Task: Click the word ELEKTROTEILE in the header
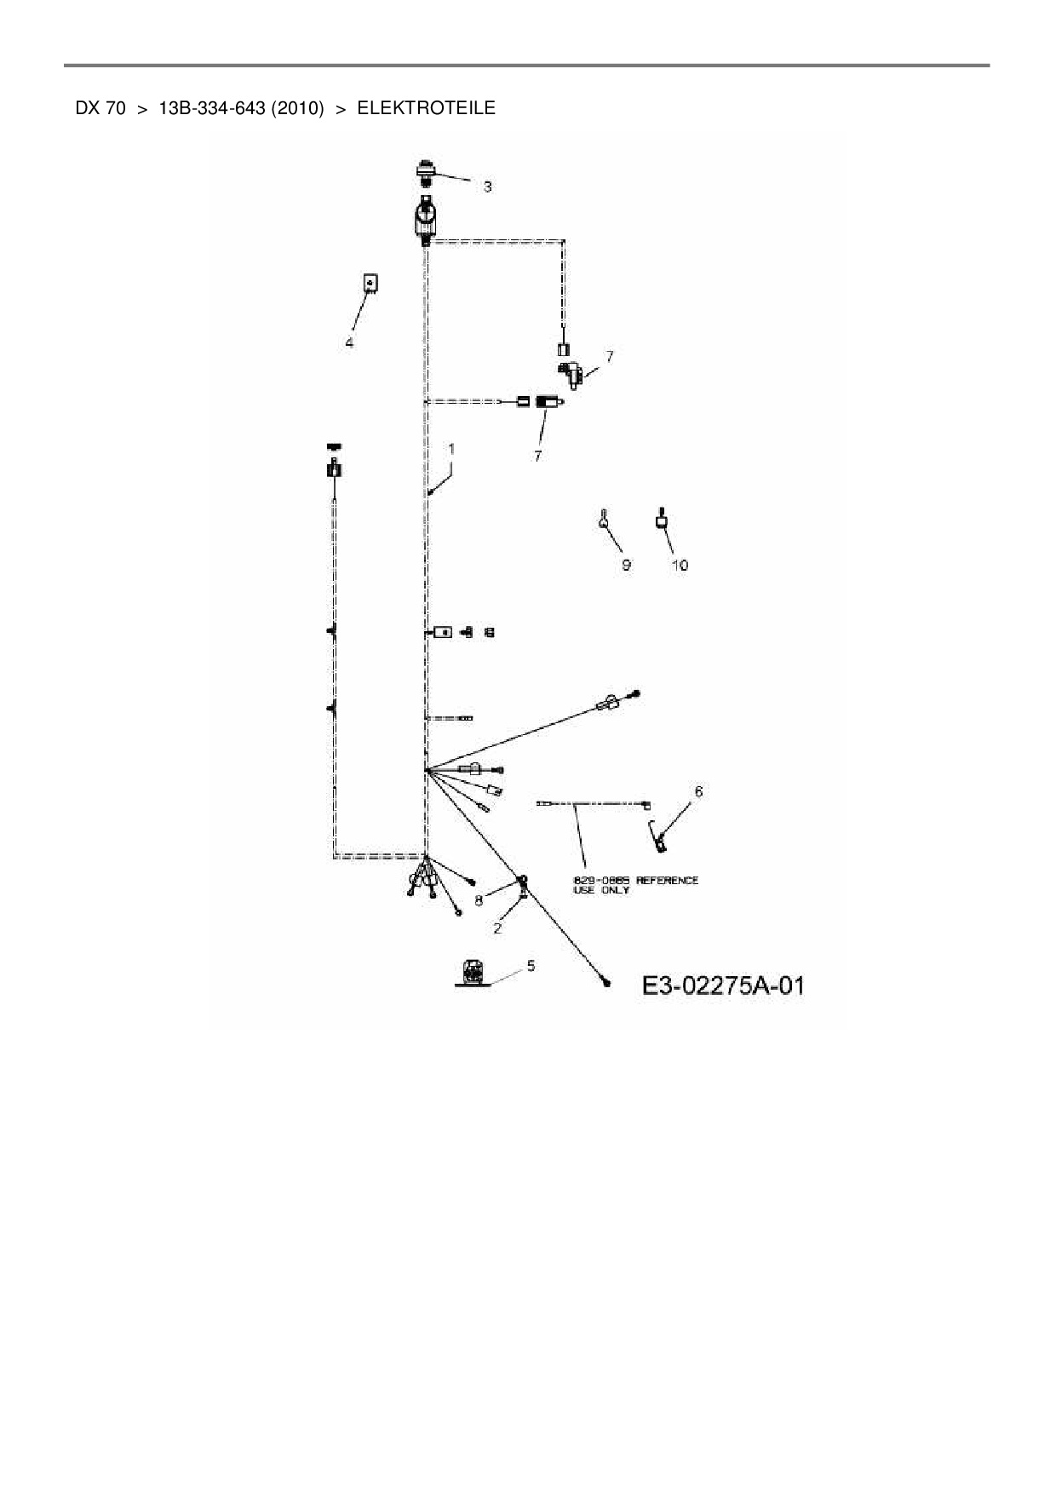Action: [426, 108]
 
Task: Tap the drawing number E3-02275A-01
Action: [722, 986]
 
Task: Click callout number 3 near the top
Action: [487, 187]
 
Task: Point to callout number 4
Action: [349, 342]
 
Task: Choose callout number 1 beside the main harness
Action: [451, 448]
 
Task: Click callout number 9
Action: [626, 565]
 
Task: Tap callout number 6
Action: [698, 792]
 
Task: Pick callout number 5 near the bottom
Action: [531, 965]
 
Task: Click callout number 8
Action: [479, 899]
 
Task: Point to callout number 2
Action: [497, 928]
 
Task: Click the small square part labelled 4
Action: [370, 283]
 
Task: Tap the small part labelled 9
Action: [603, 520]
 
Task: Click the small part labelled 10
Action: [660, 519]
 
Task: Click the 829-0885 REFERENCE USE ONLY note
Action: [635, 885]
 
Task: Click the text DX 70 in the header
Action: [100, 108]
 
